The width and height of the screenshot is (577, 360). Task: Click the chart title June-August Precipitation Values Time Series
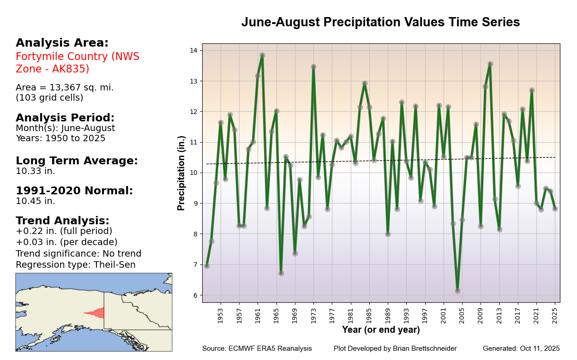pos(380,22)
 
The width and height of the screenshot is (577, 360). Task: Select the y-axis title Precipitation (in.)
pos(181,173)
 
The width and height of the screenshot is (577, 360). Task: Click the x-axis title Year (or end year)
pos(381,330)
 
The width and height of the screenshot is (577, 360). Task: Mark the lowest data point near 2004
pos(457,291)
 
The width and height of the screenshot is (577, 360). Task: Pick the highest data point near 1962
pos(262,55)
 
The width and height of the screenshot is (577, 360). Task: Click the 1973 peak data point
pos(313,67)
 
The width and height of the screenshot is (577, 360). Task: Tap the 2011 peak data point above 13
pos(490,64)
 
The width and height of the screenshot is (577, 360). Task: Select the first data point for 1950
pos(207,266)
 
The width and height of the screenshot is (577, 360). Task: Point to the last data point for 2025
pos(555,209)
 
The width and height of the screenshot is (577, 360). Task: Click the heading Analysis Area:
pos(62,43)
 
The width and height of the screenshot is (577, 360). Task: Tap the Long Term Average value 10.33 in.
pos(35,171)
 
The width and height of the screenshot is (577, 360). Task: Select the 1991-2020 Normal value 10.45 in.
pos(35,201)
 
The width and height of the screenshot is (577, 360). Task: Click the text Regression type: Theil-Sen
pos(75,265)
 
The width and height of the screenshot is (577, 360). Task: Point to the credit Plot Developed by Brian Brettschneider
pos(395,348)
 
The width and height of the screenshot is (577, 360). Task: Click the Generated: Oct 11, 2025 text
pos(521,348)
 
